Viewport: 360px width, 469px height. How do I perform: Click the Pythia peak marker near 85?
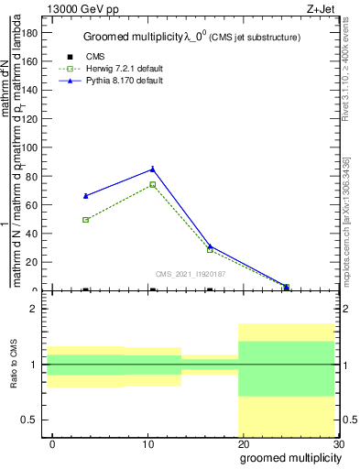[152, 169]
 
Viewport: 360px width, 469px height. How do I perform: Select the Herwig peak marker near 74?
[152, 184]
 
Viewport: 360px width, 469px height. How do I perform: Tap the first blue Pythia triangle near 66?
[86, 196]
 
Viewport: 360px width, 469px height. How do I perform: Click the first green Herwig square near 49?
[86, 220]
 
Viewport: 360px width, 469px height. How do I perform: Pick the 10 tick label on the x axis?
[148, 444]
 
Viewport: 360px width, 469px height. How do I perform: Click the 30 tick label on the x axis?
[339, 444]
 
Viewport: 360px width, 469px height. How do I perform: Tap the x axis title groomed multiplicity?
[286, 459]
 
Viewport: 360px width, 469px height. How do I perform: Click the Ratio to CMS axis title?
[16, 365]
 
